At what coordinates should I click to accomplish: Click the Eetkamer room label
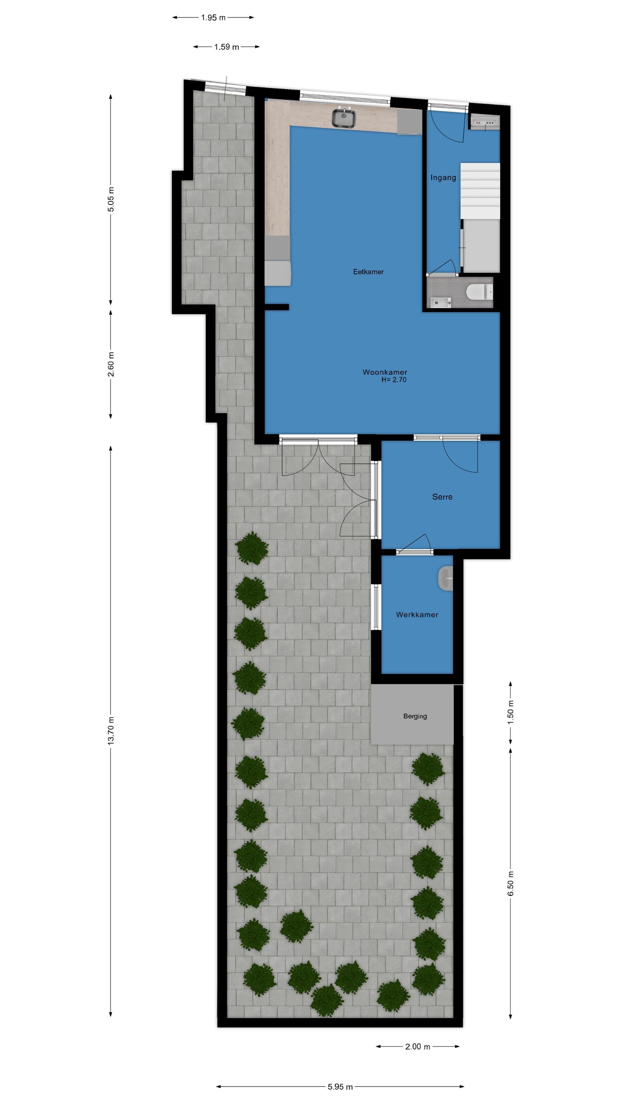(368, 272)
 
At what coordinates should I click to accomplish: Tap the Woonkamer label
(385, 372)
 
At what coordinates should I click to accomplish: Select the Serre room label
(442, 497)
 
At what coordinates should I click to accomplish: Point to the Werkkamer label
(417, 614)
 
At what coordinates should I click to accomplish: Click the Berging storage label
(415, 716)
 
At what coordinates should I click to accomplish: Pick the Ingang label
(443, 177)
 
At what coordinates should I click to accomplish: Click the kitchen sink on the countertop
(344, 117)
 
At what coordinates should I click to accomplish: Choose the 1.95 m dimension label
(213, 18)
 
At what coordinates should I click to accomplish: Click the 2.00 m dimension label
(418, 1046)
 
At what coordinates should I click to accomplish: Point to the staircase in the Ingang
(480, 191)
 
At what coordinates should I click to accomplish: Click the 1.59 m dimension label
(227, 47)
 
